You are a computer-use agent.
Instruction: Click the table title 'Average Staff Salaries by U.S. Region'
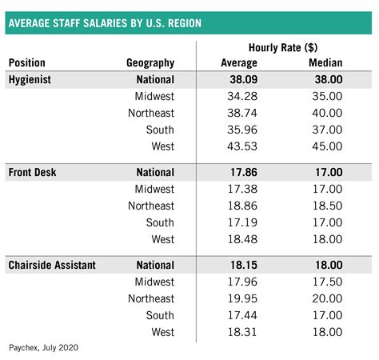tap(104, 23)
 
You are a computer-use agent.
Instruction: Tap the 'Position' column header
tap(26, 62)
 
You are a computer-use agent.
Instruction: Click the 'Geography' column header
tap(150, 62)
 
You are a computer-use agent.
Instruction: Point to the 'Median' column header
tap(325, 62)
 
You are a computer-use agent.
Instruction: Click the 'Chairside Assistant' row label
tap(52, 264)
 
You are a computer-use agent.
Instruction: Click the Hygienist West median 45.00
tap(325, 146)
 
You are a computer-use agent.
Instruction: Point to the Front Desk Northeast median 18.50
tap(325, 205)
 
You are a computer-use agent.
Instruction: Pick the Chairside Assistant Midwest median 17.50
tap(325, 281)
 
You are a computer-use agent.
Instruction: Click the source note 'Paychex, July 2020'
tap(43, 348)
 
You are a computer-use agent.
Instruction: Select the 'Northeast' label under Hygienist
tap(151, 113)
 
